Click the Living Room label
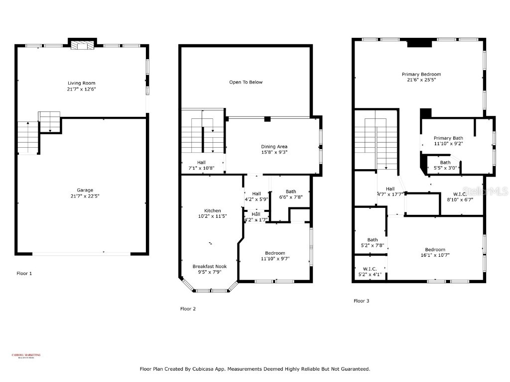click(x=82, y=83)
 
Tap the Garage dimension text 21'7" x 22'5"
click(x=82, y=196)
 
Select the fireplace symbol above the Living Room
click(x=82, y=45)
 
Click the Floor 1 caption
click(x=24, y=273)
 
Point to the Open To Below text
click(x=246, y=82)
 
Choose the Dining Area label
click(x=274, y=146)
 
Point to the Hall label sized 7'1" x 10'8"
click(x=201, y=162)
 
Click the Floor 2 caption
click(x=188, y=309)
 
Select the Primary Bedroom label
click(x=421, y=74)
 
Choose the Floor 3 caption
click(x=362, y=301)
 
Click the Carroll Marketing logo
click(x=26, y=356)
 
